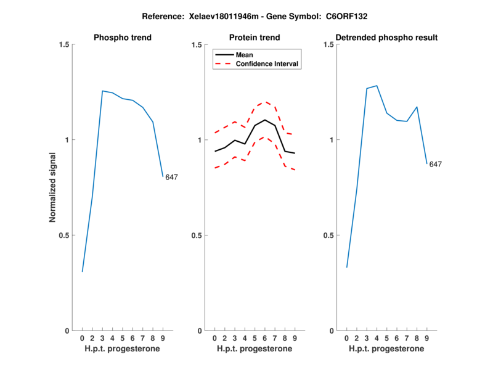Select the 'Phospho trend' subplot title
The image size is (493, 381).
(x=123, y=38)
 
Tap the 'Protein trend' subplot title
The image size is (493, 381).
(x=255, y=38)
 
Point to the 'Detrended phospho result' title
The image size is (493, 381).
(x=387, y=38)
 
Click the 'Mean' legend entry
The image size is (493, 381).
(x=244, y=55)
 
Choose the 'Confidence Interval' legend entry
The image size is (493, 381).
(x=267, y=63)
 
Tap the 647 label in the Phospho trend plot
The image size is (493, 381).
(x=171, y=178)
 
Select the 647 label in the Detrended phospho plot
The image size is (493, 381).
(x=436, y=165)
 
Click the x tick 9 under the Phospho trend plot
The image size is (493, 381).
(x=163, y=338)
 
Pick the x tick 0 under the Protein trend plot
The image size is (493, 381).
(x=214, y=338)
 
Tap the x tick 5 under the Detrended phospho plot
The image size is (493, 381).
(x=387, y=338)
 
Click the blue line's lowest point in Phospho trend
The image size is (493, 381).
(x=83, y=271)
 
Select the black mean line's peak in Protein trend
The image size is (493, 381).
(x=265, y=120)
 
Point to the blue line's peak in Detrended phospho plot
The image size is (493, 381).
(x=377, y=86)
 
